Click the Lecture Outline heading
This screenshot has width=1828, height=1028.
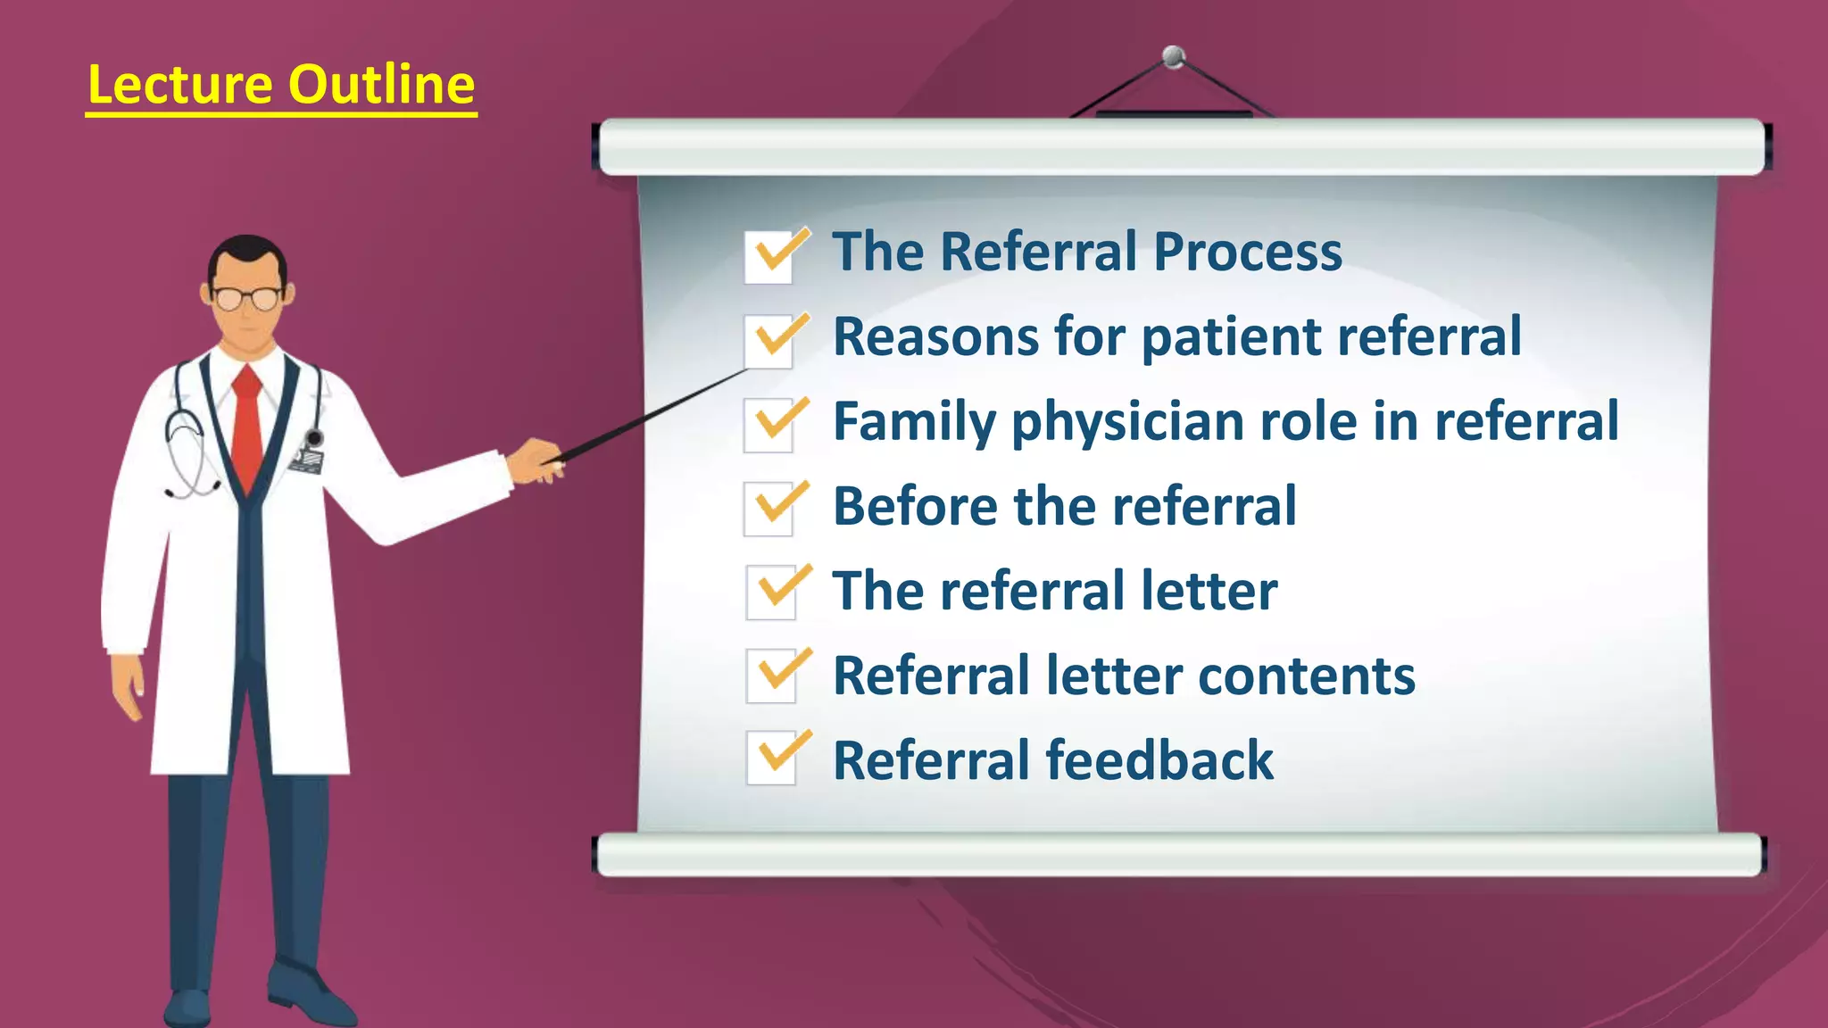tap(281, 86)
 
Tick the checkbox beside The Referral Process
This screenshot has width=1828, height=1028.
tap(769, 257)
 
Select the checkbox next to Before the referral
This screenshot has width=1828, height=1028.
tap(769, 510)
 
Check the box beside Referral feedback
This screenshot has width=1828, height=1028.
tap(771, 759)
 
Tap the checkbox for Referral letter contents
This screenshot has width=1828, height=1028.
tap(771, 676)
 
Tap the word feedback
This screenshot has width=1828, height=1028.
tap(1159, 760)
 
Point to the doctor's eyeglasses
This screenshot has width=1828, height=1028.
tap(246, 298)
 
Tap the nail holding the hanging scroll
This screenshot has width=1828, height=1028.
tap(1174, 57)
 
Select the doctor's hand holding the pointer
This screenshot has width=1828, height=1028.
tap(536, 459)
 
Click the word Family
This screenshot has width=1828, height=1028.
tap(914, 423)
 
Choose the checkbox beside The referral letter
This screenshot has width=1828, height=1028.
tap(771, 593)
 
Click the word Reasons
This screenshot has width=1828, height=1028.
tap(935, 338)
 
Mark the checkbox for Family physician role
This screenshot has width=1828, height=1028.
tap(769, 425)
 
